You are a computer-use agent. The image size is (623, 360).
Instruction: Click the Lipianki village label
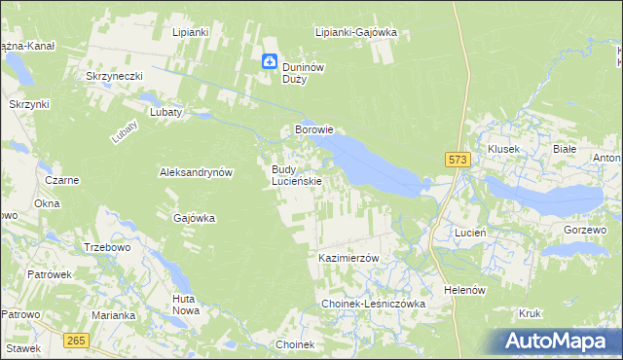coord(191,32)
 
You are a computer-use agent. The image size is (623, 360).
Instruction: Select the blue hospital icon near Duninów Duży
coord(270,62)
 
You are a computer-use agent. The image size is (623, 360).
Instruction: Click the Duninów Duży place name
coord(302,73)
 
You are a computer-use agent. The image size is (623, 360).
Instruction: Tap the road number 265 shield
coord(78,340)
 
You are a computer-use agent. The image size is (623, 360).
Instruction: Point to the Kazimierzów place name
coord(348,258)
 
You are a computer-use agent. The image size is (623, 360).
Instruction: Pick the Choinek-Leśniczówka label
coord(375,305)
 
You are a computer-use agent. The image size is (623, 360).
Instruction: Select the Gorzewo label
coord(585,230)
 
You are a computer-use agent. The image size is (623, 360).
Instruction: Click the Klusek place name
coord(504,149)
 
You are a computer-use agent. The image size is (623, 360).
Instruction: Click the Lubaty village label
coord(165,112)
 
